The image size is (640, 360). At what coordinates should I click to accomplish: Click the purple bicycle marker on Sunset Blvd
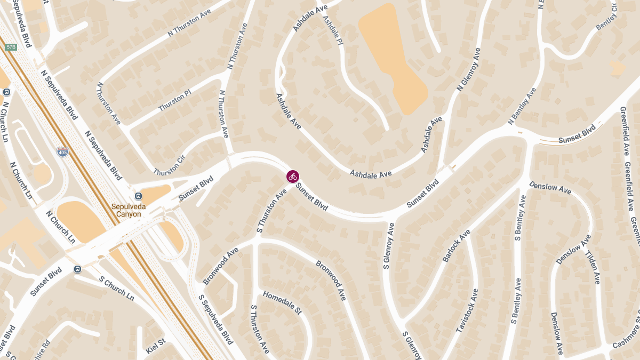pos(292,176)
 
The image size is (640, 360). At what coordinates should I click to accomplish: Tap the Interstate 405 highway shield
pos(62,153)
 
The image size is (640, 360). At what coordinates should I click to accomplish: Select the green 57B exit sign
pos(11,47)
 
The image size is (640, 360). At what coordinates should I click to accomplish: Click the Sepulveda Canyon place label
pos(126,210)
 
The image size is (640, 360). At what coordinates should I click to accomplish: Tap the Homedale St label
pos(282,302)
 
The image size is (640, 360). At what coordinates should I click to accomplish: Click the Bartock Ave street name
pos(457,246)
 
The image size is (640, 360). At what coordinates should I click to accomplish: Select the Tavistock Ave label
pos(467,311)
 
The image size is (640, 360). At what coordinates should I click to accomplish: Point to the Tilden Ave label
pos(594,267)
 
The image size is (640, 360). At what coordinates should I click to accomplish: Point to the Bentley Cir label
pos(607,15)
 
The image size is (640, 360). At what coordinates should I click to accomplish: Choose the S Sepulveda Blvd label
pos(215,319)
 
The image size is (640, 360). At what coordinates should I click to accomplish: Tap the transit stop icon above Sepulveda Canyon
pos(138,196)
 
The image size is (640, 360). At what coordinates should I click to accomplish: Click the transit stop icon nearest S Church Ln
pos(78,269)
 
